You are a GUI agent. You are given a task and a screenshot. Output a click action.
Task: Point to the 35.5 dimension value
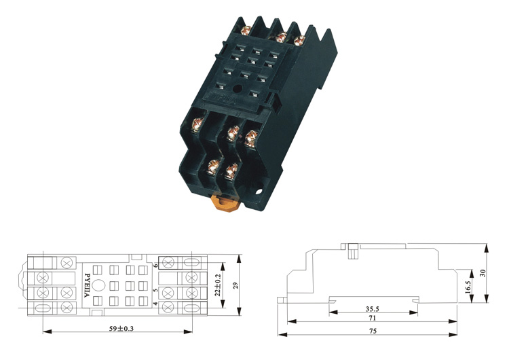(373, 307)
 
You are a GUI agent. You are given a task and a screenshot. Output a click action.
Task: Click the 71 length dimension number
(373, 318)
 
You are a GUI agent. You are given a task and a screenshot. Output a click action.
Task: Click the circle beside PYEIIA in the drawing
(99, 286)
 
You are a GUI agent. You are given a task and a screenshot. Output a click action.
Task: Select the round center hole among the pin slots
(237, 87)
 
